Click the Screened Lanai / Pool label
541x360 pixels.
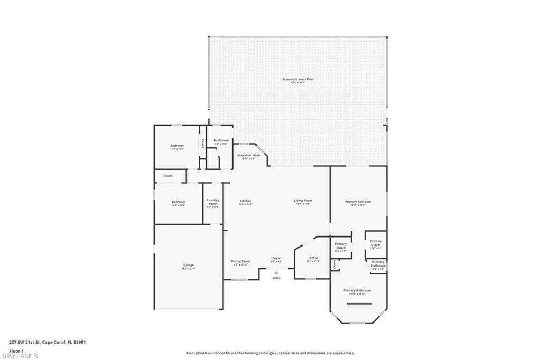coord(298,79)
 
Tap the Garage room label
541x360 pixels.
coord(189,266)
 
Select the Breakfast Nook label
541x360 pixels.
coord(248,155)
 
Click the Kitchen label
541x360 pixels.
coord(246,201)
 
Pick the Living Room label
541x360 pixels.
coord(303,201)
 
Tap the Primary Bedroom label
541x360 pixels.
coord(358,202)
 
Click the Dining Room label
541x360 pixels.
coord(240,261)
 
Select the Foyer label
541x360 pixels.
coord(276,258)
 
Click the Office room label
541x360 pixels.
coord(313,258)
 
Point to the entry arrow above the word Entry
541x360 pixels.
coord(276,272)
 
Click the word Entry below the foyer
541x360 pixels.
coord(276,278)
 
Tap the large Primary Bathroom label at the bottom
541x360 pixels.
coord(357,291)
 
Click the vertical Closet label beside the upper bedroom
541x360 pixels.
coord(202,143)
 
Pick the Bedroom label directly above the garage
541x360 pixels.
coord(179,202)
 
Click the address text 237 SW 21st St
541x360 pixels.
coord(48,342)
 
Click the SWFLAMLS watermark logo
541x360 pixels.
coord(20,356)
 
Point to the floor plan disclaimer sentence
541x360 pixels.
coord(270,353)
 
